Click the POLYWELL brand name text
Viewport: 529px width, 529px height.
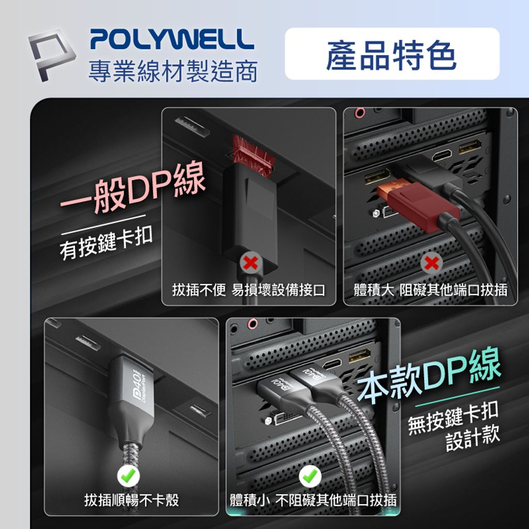(x=172, y=40)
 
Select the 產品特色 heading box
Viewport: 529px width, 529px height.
(x=392, y=54)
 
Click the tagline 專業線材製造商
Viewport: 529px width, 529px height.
(x=173, y=71)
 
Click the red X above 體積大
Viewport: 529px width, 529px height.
(x=431, y=263)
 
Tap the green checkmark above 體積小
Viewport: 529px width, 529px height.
(x=310, y=476)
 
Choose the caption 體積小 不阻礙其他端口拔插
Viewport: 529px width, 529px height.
(x=314, y=500)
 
